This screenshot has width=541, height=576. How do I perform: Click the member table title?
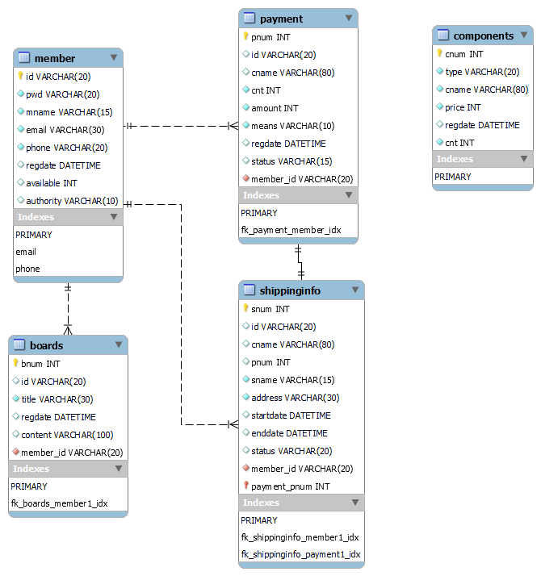click(55, 58)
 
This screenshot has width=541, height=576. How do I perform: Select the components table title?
click(483, 36)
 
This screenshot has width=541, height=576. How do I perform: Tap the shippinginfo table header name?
click(290, 291)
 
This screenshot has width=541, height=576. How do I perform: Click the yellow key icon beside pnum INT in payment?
click(245, 36)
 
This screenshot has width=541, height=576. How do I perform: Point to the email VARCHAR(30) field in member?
click(65, 130)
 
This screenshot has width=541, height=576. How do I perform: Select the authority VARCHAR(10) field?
click(72, 201)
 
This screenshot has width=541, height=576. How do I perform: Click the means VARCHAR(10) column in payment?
click(293, 126)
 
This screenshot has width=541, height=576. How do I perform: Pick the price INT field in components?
click(463, 107)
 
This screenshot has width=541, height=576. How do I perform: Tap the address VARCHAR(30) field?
click(296, 398)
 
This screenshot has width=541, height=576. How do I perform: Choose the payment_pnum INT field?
click(291, 486)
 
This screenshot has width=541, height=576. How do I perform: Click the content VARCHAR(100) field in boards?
click(67, 435)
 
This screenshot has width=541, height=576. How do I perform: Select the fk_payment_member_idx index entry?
click(291, 231)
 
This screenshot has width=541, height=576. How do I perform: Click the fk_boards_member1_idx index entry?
click(59, 503)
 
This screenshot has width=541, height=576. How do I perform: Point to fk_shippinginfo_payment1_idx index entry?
click(301, 554)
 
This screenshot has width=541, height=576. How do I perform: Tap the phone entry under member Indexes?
click(27, 269)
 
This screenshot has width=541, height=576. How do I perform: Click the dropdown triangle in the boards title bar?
click(119, 344)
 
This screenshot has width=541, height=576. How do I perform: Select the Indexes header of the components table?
click(455, 159)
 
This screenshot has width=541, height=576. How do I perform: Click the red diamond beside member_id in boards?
click(16, 452)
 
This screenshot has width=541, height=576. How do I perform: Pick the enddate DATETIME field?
click(289, 433)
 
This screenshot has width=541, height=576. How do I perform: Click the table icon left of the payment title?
click(250, 18)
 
